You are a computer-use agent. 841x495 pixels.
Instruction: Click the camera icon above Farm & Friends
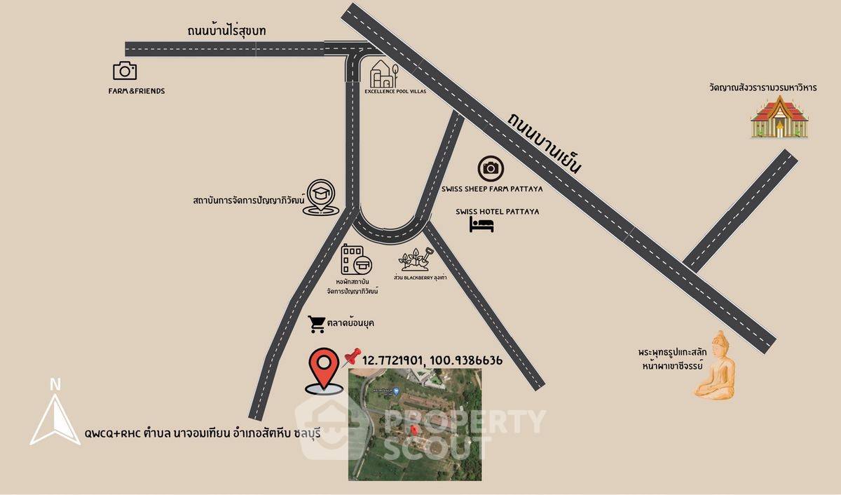pos(125,70)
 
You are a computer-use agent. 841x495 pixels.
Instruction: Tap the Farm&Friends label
pos(136,91)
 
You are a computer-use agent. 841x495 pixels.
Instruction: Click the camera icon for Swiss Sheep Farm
pos(491,168)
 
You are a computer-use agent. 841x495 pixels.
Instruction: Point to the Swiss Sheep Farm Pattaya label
pos(492,189)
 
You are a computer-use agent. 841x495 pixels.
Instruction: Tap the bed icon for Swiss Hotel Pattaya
pos(481,224)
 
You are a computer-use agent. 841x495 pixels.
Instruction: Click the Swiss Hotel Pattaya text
pos(497,211)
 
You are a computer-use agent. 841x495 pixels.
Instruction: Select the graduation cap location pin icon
pos(322,198)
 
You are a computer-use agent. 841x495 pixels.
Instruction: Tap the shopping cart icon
pos(317,324)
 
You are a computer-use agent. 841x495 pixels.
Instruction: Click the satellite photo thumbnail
pos(415,424)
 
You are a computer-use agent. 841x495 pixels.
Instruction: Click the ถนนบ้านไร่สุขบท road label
pos(226,31)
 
